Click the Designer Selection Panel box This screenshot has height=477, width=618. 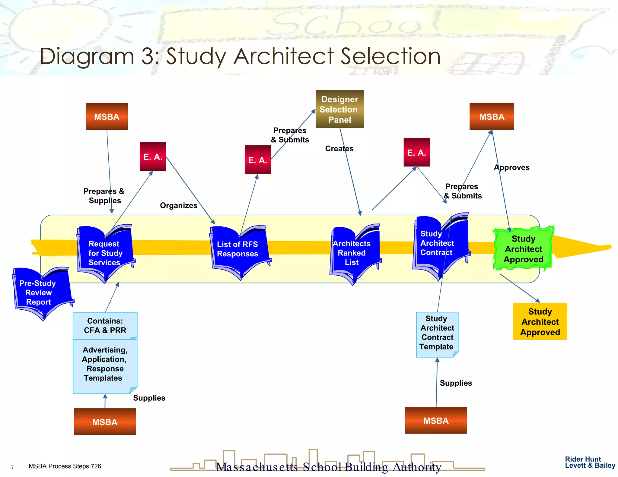(339, 109)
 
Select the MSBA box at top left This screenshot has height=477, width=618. (107, 116)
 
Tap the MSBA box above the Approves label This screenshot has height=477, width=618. (491, 116)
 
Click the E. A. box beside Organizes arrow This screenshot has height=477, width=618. (153, 156)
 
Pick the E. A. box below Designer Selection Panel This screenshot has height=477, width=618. (257, 160)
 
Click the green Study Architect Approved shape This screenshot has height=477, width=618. (523, 248)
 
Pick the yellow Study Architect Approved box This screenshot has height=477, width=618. (540, 321)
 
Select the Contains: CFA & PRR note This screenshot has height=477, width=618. (105, 326)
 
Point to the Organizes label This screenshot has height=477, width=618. (178, 205)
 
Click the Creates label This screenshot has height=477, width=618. (339, 149)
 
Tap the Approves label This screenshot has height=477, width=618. (511, 167)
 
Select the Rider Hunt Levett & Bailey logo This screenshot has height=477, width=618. (589, 462)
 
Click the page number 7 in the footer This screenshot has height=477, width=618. (12, 468)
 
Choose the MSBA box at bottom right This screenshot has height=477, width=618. (436, 420)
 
